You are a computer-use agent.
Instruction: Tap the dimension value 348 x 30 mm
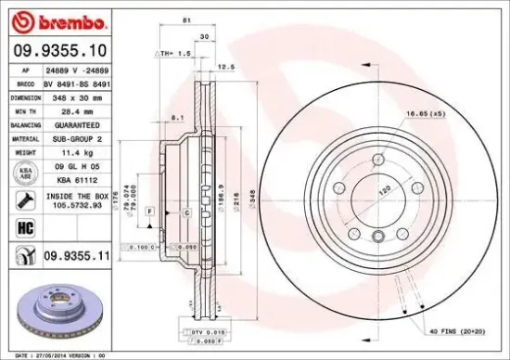coord(78,96)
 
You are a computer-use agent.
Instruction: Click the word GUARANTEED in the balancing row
coord(78,122)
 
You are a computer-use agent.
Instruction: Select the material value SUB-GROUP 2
coord(78,135)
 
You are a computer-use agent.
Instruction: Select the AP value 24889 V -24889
coord(78,70)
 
